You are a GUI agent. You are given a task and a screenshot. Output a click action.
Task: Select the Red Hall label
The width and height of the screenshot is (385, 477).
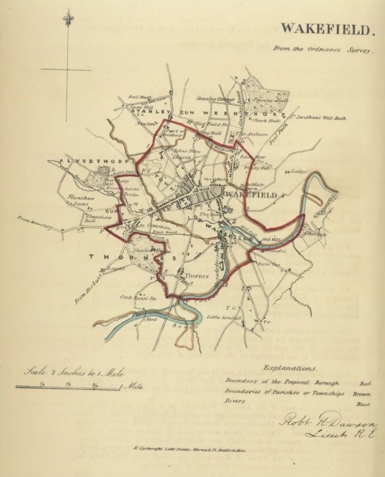coord(136,97)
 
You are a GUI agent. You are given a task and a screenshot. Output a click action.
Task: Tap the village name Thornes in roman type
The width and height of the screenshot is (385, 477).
coord(195,275)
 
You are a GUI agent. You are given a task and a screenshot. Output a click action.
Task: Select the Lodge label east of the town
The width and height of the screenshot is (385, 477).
coord(297,172)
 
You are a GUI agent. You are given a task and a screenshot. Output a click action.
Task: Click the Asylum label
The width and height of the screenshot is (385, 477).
coord(256,134)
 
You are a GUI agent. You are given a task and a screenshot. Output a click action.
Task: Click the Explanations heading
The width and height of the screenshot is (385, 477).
coord(291,368)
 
